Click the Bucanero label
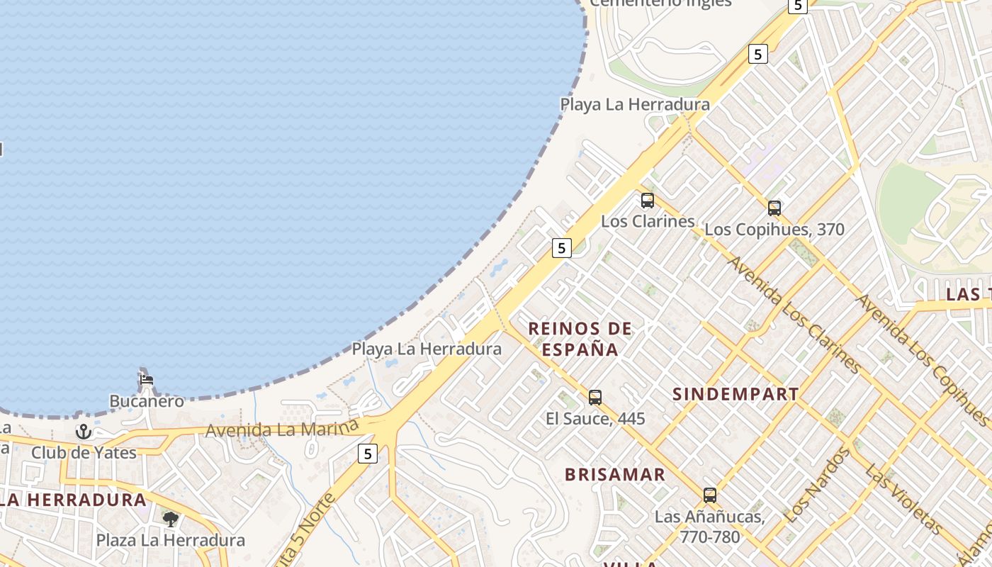click(146, 401)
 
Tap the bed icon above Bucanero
click(147, 379)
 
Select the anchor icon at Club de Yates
click(84, 431)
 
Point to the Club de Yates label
click(84, 452)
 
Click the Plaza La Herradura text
click(170, 540)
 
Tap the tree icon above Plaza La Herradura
click(170, 520)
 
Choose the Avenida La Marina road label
click(282, 429)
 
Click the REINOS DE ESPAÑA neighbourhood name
click(580, 339)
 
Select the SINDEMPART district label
click(735, 395)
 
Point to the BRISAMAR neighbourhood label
click(615, 475)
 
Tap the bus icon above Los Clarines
click(648, 201)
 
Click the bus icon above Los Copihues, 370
click(774, 208)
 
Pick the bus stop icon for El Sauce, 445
click(595, 398)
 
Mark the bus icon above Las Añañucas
click(710, 495)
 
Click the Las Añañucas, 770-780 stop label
click(710, 527)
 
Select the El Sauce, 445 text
click(595, 419)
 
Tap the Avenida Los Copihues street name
click(921, 358)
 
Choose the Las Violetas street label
click(903, 500)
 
